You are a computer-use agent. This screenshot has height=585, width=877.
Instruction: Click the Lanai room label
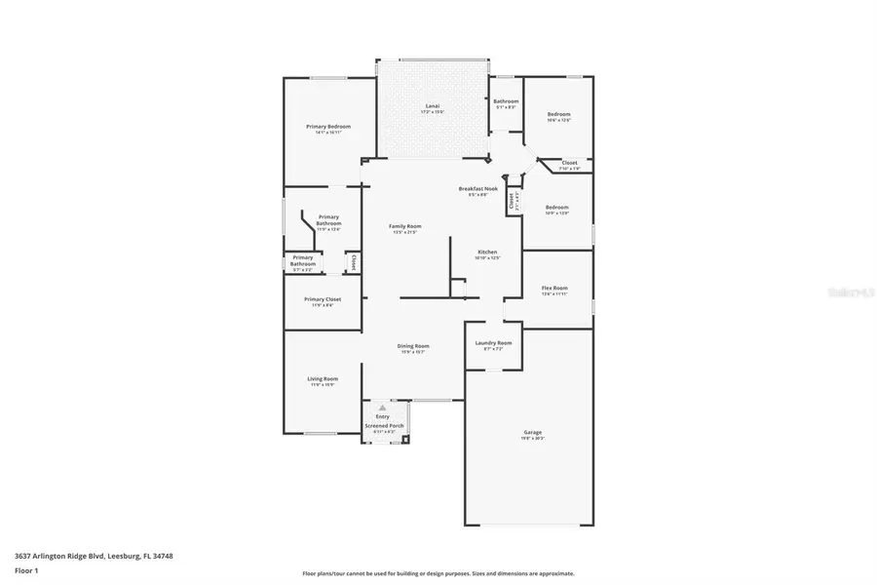point(433,105)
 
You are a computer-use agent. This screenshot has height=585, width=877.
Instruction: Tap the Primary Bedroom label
point(327,127)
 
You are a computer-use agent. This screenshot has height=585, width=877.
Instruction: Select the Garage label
point(533,432)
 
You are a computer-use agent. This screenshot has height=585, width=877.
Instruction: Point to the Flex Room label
point(554,289)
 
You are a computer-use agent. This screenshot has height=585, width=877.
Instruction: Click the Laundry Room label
point(493,343)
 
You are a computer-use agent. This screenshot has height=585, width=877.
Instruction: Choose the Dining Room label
point(413,346)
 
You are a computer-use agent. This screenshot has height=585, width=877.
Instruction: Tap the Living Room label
point(323,379)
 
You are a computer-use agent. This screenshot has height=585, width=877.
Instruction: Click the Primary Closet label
point(323,299)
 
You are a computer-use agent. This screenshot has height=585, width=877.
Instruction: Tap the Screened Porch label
point(384,426)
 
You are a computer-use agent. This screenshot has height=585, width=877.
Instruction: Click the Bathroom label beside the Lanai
point(506,101)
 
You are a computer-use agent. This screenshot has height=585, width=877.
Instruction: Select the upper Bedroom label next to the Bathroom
point(558,114)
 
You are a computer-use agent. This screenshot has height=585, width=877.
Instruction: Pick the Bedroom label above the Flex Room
point(556,207)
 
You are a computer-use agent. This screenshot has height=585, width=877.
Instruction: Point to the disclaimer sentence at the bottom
point(438,573)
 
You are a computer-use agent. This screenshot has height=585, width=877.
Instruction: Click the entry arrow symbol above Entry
point(382,408)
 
